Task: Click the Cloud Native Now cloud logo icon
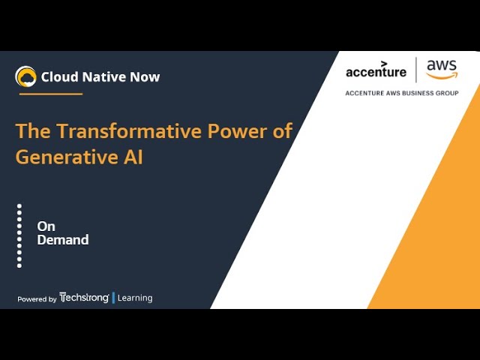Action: pos(25,76)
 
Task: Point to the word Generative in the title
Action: pos(67,157)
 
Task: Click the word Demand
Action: pos(63,240)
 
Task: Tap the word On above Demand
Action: pos(46,226)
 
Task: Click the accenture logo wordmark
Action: pos(376,70)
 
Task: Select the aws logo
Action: pos(442,69)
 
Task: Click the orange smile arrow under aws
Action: pos(442,75)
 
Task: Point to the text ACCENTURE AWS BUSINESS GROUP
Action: pos(402,93)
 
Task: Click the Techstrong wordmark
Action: pos(84,297)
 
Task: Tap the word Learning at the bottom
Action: pos(135,298)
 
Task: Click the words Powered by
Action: pos(37,299)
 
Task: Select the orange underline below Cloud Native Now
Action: pos(51,94)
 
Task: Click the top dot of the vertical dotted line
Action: pos(19,206)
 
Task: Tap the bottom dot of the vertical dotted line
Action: pos(19,265)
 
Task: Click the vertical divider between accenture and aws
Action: pos(416,70)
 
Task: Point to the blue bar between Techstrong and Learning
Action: pos(113,298)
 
